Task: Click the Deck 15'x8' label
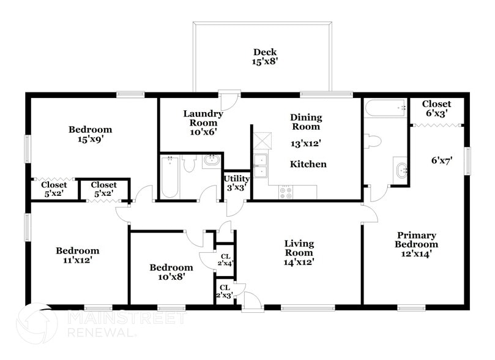264,57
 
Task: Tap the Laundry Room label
203,122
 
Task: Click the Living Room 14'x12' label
299,253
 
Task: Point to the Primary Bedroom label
416,244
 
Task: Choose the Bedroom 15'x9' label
90,134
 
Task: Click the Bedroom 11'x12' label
77,255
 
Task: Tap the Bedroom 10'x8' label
171,272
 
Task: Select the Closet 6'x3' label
436,109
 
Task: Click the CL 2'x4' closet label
225,260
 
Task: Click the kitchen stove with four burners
286,192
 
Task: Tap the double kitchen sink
260,164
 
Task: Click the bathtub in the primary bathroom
385,108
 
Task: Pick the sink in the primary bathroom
401,170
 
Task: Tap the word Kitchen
308,164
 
